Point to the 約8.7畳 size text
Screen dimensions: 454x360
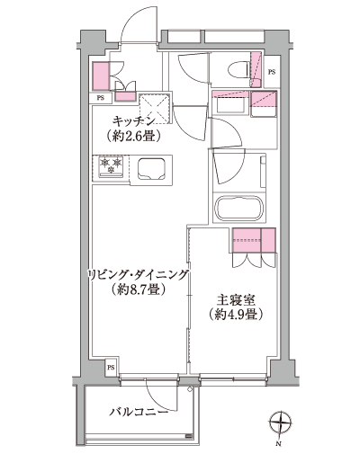[137, 290]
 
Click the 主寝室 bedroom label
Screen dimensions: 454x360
[230, 300]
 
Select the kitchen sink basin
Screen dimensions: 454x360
[149, 167]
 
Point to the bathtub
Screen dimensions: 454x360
[236, 207]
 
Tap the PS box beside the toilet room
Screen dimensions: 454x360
[272, 72]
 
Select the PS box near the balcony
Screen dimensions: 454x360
[111, 368]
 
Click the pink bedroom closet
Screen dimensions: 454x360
[254, 239]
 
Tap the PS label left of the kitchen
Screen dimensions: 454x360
[101, 97]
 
